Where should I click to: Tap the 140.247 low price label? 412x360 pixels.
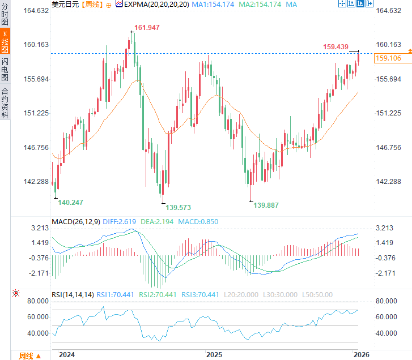pyautogui.click(x=71, y=202)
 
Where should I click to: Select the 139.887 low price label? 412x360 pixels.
pyautogui.click(x=266, y=205)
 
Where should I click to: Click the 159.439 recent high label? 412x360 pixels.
pyautogui.click(x=335, y=47)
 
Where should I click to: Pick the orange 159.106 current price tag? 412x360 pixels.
pyautogui.click(x=388, y=58)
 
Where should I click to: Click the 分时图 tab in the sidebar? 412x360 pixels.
pyautogui.click(x=5, y=17)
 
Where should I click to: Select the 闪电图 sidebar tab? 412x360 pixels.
pyautogui.click(x=5, y=69)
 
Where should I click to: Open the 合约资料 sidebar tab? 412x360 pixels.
pyautogui.click(x=5, y=102)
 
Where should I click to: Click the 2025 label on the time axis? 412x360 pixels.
pyautogui.click(x=214, y=354)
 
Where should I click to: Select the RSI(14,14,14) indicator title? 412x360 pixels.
pyautogui.click(x=72, y=294)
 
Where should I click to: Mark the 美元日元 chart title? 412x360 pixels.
pyautogui.click(x=65, y=4)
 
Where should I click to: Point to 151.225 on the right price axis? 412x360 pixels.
pyautogui.click(x=388, y=113)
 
